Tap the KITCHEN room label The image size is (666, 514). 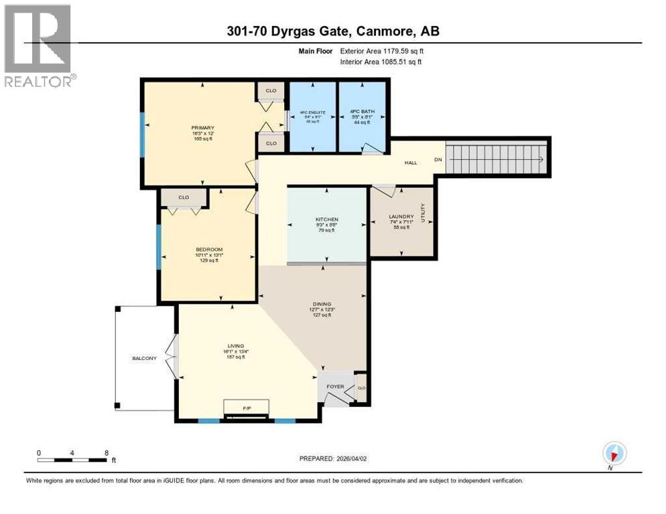pos(327,220)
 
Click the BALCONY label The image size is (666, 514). pos(144,358)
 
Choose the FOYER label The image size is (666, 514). pos(335,386)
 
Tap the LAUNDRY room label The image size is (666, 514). pos(401,217)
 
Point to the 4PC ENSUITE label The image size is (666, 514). pos(311,111)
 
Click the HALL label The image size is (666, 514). pos(411,163)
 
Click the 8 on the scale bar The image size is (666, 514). pos(107,452)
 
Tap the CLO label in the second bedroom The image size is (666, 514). pos(184,197)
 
